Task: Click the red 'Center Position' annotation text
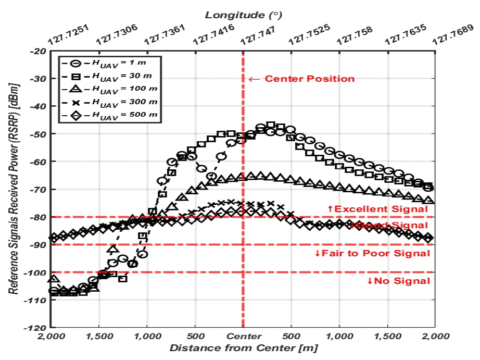(309, 79)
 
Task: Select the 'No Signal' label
(399, 281)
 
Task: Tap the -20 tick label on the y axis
(38, 51)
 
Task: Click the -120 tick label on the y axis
(36, 328)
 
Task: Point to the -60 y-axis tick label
(38, 162)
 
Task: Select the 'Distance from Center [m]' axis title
(243, 348)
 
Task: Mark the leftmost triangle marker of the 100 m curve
(51, 280)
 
